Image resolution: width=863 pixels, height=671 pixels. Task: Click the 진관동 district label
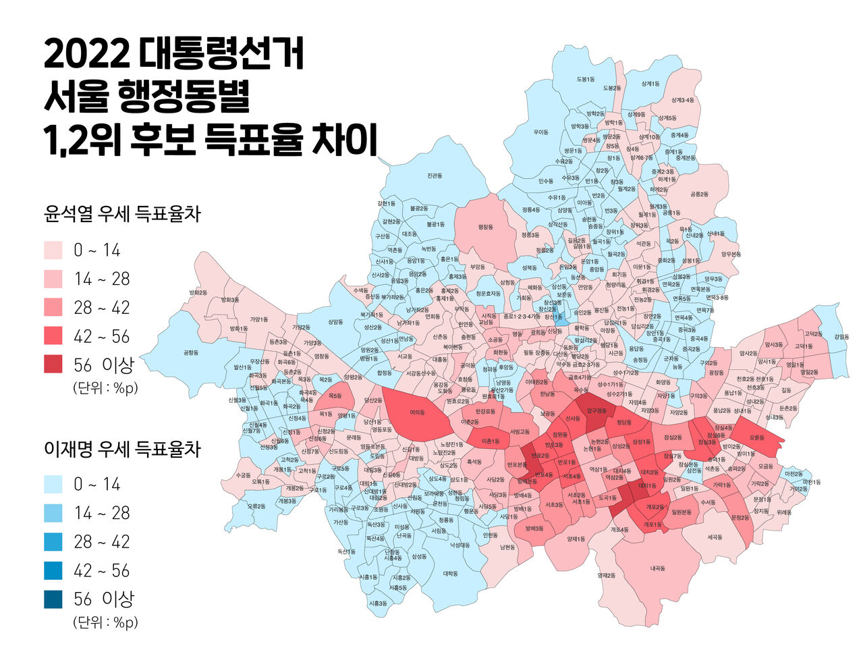[435, 176]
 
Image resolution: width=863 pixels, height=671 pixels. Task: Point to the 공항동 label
[191, 352]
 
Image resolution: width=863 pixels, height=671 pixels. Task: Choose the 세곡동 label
[715, 537]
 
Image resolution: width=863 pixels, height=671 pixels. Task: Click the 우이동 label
[541, 132]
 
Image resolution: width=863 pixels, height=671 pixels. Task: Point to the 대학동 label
[451, 574]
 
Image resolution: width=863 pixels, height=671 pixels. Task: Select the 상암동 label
[335, 323]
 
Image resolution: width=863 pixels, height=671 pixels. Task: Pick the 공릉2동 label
[699, 194]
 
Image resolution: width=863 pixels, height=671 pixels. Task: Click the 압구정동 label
[596, 410]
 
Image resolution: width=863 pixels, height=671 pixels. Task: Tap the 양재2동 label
[606, 575]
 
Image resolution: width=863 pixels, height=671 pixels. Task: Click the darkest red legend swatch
[53, 365]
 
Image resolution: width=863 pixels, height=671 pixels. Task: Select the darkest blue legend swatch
[53, 599]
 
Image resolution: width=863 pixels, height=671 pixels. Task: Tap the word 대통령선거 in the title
[223, 54]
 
